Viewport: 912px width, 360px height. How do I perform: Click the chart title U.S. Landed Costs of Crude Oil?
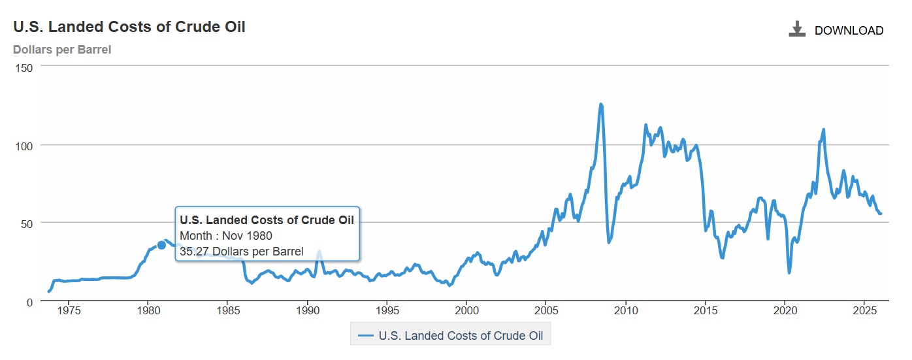click(x=129, y=27)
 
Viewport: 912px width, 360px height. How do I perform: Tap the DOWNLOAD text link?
click(x=849, y=31)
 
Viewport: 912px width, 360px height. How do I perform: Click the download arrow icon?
click(x=797, y=29)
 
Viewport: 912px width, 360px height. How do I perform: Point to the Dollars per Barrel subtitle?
click(x=62, y=50)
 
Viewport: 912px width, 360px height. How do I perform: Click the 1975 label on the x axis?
click(x=69, y=309)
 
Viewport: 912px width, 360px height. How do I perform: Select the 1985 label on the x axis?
click(x=227, y=309)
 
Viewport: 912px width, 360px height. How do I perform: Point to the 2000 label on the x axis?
click(x=466, y=309)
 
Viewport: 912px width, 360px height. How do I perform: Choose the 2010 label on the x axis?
click(x=626, y=309)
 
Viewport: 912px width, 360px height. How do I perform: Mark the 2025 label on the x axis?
click(x=865, y=309)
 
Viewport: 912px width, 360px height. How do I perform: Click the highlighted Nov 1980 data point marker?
click(x=161, y=245)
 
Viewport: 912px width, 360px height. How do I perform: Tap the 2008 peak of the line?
click(x=600, y=105)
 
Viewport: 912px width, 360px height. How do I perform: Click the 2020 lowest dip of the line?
click(x=789, y=272)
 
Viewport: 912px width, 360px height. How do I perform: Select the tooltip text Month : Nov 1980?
click(x=225, y=236)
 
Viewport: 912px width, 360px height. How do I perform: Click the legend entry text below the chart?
click(x=465, y=336)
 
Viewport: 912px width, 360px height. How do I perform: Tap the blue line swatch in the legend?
click(x=366, y=336)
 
